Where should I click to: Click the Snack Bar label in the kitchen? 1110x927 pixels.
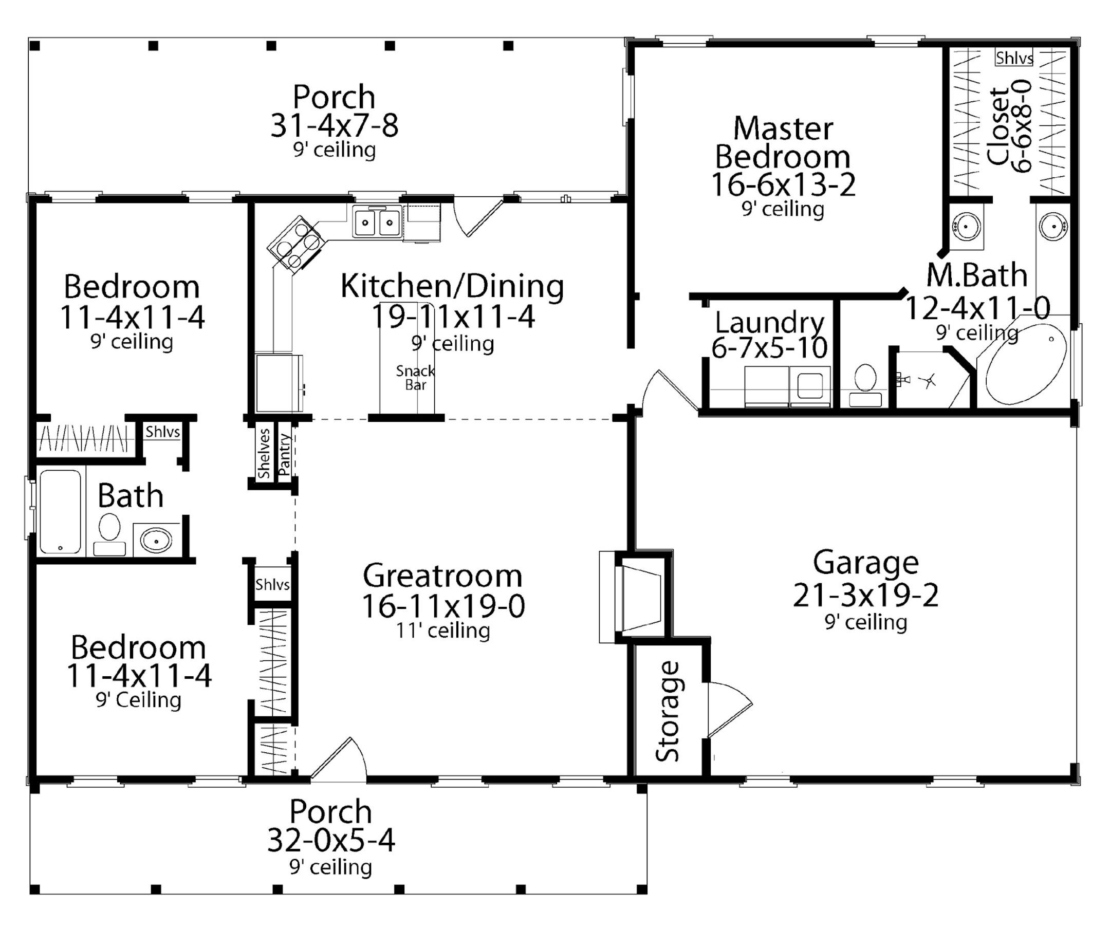(415, 378)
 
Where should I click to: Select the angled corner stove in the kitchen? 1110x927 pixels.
(295, 243)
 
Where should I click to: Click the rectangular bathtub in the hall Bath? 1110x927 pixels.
(60, 511)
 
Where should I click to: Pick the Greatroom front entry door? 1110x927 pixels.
(338, 759)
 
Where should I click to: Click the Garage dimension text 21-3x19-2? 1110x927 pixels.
(866, 595)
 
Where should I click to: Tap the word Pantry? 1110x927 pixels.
(284, 454)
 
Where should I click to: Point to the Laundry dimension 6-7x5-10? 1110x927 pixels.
(770, 348)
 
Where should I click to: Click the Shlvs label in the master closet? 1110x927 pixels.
(1014, 58)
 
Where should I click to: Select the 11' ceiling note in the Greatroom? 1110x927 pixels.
(443, 630)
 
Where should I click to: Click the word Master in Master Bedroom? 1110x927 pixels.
(783, 129)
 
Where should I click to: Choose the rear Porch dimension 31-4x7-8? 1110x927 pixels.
(334, 126)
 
